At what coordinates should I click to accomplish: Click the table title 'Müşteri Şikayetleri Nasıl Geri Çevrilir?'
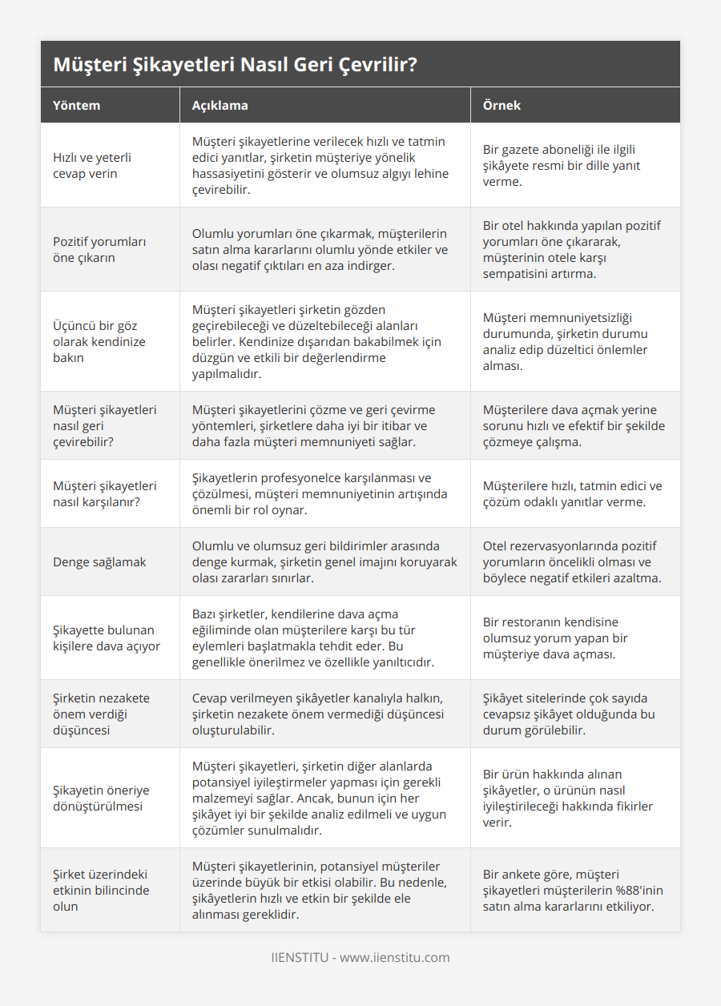point(235,65)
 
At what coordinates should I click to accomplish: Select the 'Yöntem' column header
point(77,105)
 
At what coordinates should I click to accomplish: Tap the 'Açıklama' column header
point(220,105)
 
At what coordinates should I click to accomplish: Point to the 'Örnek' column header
point(501,105)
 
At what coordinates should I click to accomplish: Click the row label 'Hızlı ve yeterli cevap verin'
point(92,166)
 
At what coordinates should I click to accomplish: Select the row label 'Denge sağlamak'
point(99,562)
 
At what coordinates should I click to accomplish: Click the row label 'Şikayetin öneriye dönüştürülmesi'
point(101,798)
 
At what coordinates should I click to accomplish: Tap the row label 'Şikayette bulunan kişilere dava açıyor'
point(107,638)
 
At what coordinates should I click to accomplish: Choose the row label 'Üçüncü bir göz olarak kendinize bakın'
point(98,341)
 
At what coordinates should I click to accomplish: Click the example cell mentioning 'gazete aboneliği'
point(562,166)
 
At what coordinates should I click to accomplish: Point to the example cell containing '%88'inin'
point(573,890)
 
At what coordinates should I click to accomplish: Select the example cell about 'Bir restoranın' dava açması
point(555,638)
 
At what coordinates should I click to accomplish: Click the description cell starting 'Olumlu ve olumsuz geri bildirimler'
point(324,561)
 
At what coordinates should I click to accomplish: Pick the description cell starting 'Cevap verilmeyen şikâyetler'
point(318,714)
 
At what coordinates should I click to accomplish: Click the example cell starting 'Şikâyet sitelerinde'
point(569,714)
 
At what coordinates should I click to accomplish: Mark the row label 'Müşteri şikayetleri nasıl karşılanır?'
point(105,493)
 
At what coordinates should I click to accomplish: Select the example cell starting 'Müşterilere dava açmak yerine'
point(574,425)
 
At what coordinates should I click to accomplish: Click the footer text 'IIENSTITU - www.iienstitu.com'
point(360,957)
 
